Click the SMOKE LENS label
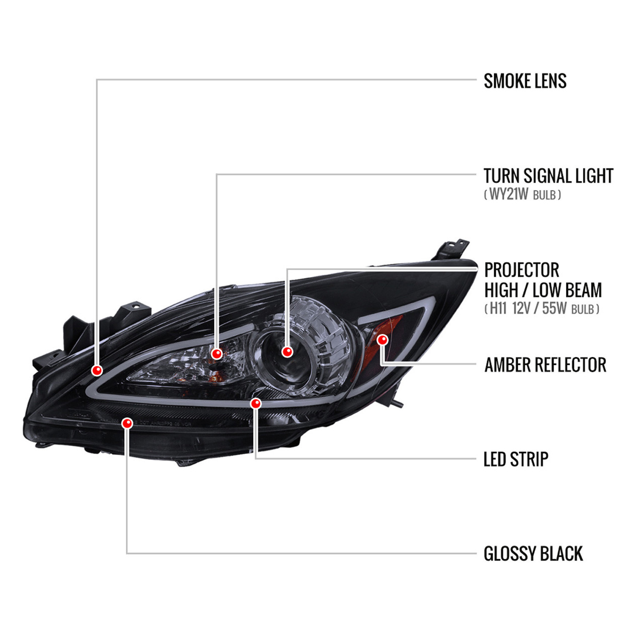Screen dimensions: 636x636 pos(525,81)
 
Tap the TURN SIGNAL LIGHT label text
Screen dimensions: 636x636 pos(548,176)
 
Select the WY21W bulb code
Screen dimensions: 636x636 pos(509,194)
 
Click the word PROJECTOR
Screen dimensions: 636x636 pos(522,270)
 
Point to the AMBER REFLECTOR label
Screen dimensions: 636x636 pos(545,365)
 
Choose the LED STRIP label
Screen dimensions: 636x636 pos(516,459)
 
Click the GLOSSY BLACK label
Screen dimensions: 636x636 pos(533,554)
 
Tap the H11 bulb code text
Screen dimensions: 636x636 pos(499,308)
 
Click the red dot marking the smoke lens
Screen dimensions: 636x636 pos(97,370)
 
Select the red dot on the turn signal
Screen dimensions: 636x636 pos(217,353)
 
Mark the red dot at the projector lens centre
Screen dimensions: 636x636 pos(287,351)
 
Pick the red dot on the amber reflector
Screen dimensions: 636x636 pos(382,339)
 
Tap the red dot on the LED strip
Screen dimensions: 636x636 pos(256,403)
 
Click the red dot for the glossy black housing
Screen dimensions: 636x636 pos(127,423)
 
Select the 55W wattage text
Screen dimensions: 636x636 pos(554,308)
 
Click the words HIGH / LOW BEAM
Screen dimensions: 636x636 pos(543,290)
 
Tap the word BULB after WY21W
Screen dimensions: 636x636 pos(544,195)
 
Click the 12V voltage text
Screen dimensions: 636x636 pos(522,308)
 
